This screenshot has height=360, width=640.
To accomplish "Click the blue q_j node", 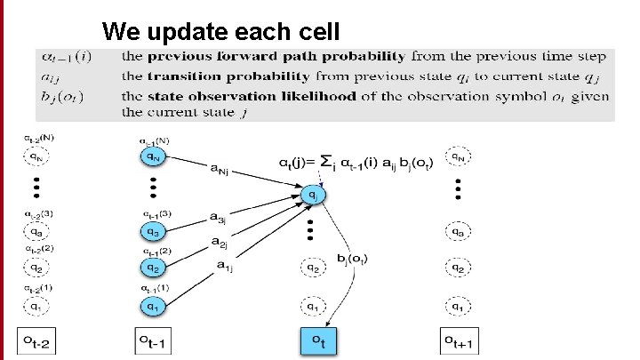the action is point(313,193).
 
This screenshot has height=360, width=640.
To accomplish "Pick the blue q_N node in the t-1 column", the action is point(154,157).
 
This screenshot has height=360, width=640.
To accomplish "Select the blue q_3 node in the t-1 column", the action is point(154,233).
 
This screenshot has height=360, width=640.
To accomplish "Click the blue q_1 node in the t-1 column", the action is point(154,307).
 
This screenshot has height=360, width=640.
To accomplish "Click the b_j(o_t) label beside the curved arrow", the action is point(354,259).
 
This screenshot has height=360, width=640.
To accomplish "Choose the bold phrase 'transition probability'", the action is point(200,76).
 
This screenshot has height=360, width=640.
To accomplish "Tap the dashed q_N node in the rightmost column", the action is point(459,158).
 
